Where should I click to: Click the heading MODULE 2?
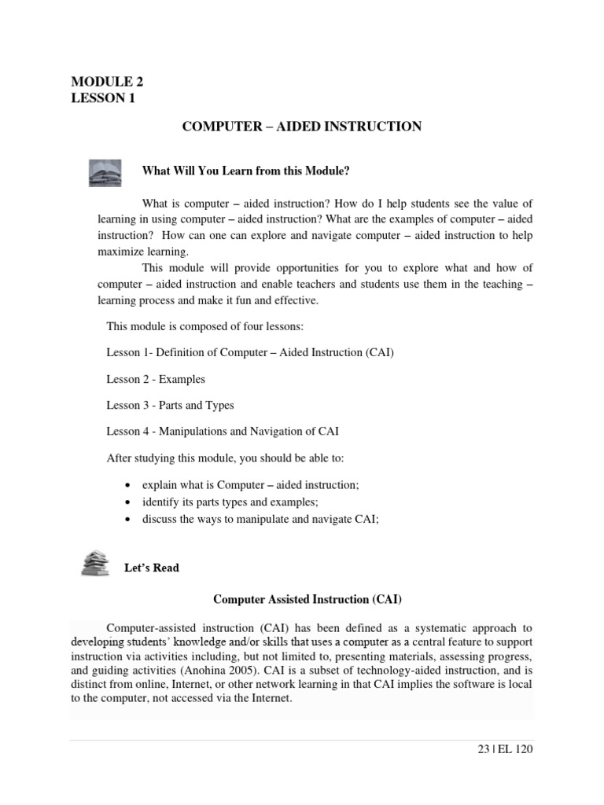[x=107, y=82]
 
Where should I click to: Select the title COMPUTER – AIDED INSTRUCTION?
[x=302, y=127]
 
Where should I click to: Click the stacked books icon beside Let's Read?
[x=95, y=563]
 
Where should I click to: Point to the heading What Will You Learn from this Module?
[x=245, y=171]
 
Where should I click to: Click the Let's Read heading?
[x=152, y=568]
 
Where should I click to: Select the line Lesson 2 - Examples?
[x=156, y=379]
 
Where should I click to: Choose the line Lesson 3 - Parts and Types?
[x=170, y=406]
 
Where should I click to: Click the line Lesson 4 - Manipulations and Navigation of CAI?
[x=223, y=431]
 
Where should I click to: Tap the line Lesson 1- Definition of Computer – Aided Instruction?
[x=250, y=352]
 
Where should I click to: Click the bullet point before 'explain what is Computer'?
[x=128, y=486]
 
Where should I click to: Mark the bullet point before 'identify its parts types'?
[x=128, y=502]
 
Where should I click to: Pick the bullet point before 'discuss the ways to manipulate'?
[x=128, y=519]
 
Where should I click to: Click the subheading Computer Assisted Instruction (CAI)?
[x=308, y=600]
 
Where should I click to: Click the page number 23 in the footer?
[x=483, y=750]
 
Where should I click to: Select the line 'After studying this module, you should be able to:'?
[x=225, y=458]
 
